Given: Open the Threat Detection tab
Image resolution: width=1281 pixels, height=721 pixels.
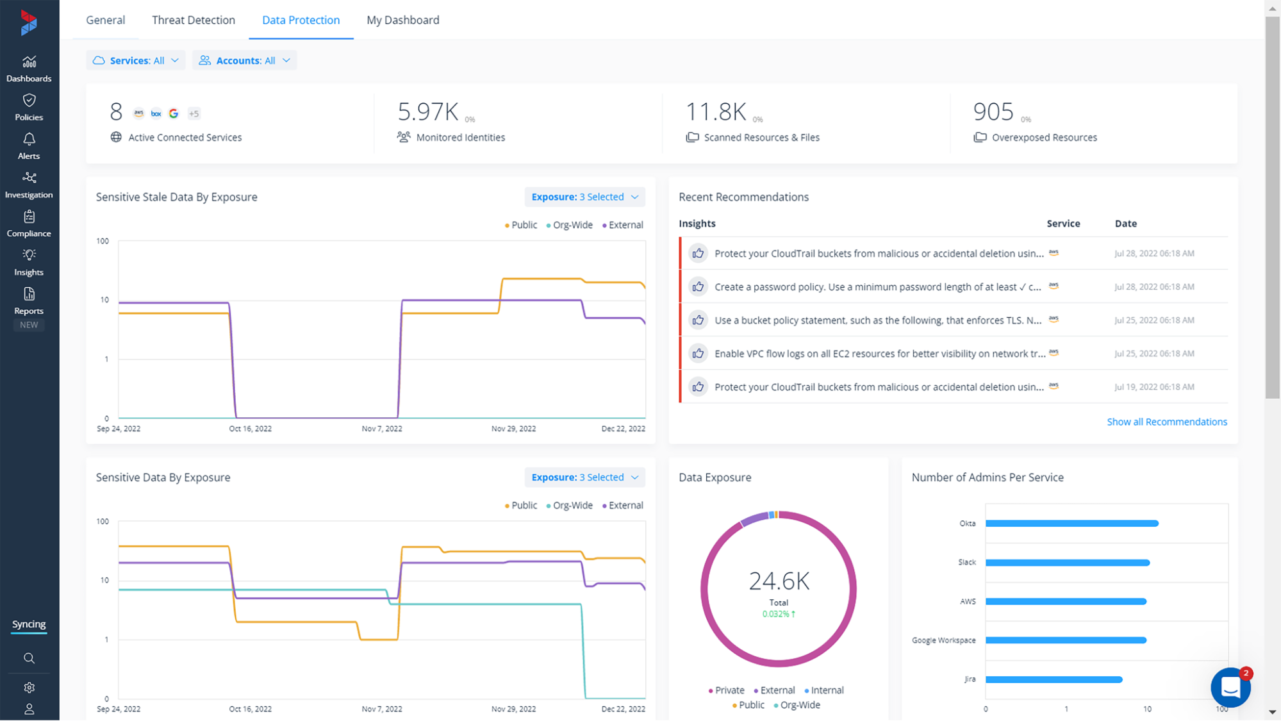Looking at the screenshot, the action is [194, 20].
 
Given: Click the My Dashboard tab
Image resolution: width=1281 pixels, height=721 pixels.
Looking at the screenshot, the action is [403, 20].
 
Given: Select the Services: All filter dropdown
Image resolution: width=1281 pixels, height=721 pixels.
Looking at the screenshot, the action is [136, 60].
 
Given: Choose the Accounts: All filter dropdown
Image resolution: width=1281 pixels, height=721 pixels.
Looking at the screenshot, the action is [244, 60].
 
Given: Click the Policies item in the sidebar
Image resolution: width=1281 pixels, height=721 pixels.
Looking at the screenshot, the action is [29, 107].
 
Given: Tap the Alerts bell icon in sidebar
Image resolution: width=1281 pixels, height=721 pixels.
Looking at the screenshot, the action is [29, 139].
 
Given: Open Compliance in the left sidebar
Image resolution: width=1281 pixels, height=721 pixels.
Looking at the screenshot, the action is [29, 224].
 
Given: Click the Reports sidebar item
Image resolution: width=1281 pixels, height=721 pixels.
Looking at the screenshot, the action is [29, 301].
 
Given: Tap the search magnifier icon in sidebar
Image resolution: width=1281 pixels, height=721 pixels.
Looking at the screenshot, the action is [29, 658].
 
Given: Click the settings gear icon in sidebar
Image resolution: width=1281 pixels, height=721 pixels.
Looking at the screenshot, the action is [29, 688].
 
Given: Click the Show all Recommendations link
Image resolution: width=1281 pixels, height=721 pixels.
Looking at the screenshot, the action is [1167, 422].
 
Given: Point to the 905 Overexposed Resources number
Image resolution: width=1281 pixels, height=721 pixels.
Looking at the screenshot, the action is [993, 112].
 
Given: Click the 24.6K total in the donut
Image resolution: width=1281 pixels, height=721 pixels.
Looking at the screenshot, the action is [779, 581].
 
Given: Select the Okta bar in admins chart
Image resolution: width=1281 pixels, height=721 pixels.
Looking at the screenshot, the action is [1072, 524].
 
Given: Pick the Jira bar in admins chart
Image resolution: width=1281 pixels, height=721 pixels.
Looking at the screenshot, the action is [1054, 679].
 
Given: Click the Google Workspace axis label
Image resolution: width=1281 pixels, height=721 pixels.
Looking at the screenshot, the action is [944, 640].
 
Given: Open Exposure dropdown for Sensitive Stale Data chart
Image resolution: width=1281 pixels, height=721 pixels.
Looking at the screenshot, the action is [584, 197].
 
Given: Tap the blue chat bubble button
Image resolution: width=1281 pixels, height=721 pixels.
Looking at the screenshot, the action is [1230, 687].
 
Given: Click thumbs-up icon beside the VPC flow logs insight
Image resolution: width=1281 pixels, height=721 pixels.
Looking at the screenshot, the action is [698, 353].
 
